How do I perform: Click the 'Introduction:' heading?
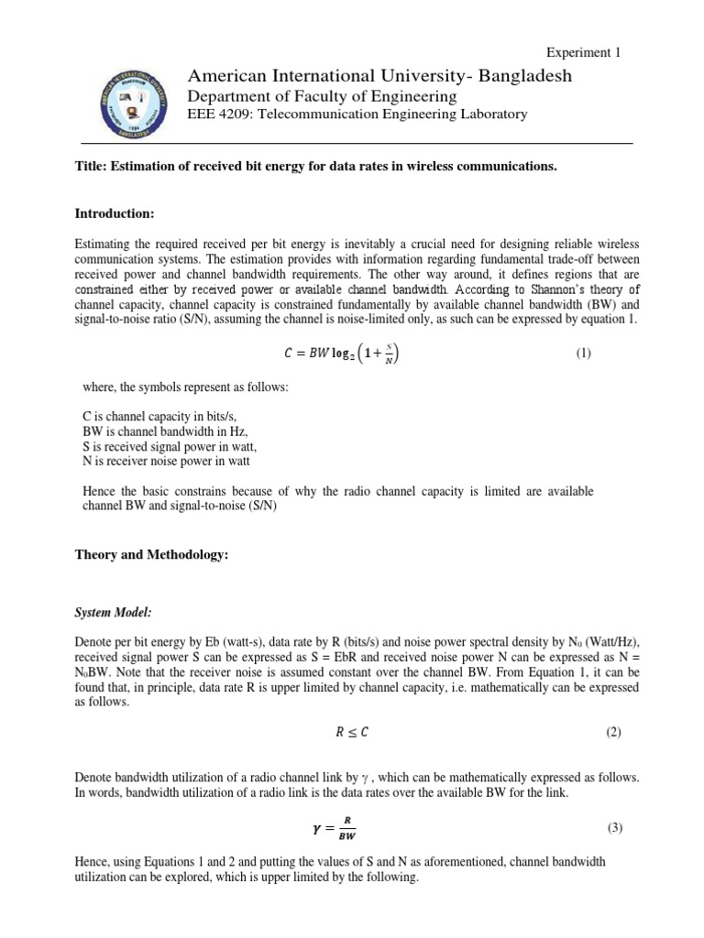pos(114,213)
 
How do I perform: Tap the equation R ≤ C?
pos(351,732)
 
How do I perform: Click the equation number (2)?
pos(613,732)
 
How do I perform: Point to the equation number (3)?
pos(614,828)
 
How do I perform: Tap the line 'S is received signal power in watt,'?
pos(170,446)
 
